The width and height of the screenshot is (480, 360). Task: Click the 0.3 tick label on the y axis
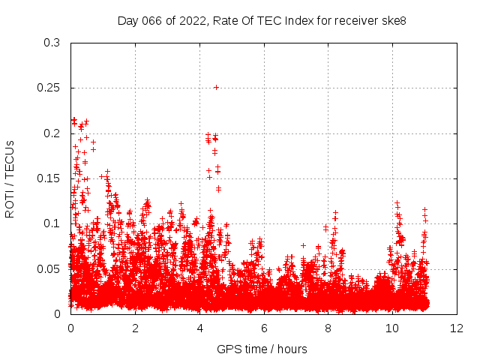(x=52, y=43)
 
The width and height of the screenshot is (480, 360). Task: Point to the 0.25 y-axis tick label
(x=49, y=88)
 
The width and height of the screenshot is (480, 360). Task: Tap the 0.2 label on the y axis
(x=52, y=133)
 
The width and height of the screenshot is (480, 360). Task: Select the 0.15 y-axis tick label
(x=49, y=178)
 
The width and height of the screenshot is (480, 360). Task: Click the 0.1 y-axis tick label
(x=52, y=223)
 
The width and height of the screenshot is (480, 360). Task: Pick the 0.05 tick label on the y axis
(x=49, y=268)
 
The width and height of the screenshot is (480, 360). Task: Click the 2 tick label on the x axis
(x=135, y=328)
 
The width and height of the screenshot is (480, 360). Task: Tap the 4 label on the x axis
(x=199, y=328)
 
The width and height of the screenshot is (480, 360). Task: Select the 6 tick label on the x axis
(x=264, y=328)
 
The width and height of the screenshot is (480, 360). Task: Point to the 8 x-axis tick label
(x=328, y=328)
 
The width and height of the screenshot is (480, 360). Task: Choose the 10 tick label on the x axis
(x=393, y=328)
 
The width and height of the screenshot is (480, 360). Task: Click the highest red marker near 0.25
(x=216, y=87)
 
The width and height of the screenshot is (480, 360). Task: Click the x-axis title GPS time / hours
(x=262, y=349)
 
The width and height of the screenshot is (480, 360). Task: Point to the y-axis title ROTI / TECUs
(x=10, y=178)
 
